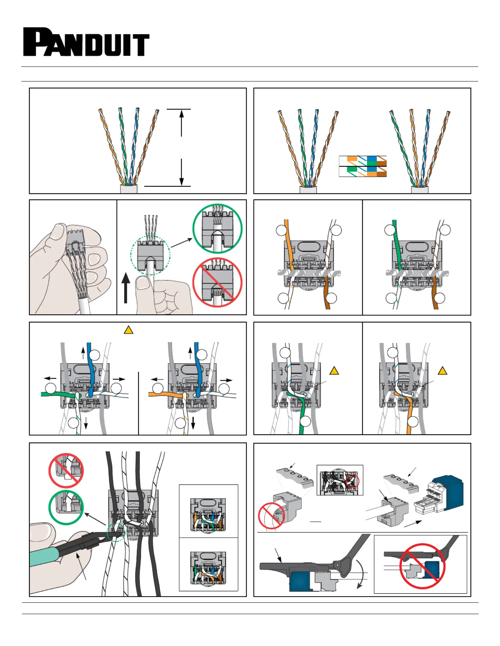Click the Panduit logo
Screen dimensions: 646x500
click(x=86, y=42)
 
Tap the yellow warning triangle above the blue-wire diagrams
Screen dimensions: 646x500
click(x=128, y=330)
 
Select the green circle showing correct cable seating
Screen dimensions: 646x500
click(x=217, y=228)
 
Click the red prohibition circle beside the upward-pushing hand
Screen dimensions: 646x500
click(x=217, y=282)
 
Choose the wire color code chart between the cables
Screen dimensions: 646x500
click(x=362, y=166)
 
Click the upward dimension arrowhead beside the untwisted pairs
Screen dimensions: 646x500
click(x=181, y=114)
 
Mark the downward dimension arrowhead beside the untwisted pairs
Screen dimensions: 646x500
click(x=181, y=182)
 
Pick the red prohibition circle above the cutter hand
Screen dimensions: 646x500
click(x=66, y=470)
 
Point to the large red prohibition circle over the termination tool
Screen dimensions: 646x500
click(x=422, y=566)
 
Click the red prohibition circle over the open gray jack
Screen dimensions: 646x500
click(x=271, y=516)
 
